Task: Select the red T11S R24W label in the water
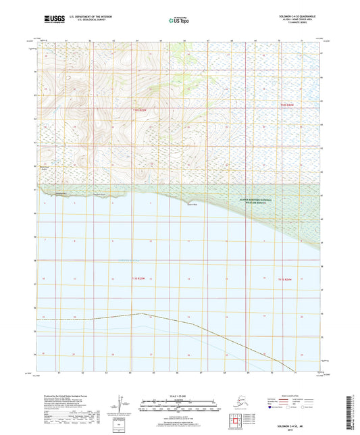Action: coord(286,279)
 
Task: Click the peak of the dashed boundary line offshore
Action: coord(140,313)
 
